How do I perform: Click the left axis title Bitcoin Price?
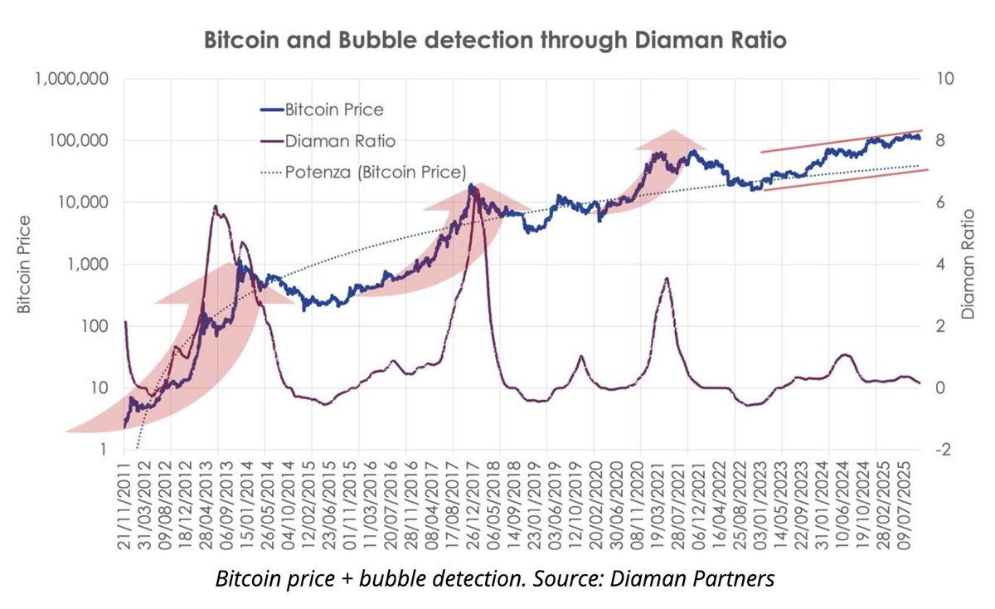click(25, 264)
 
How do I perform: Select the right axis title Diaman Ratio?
click(967, 264)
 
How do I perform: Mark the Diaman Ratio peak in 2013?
click(216, 207)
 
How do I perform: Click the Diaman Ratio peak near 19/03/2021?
click(667, 279)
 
